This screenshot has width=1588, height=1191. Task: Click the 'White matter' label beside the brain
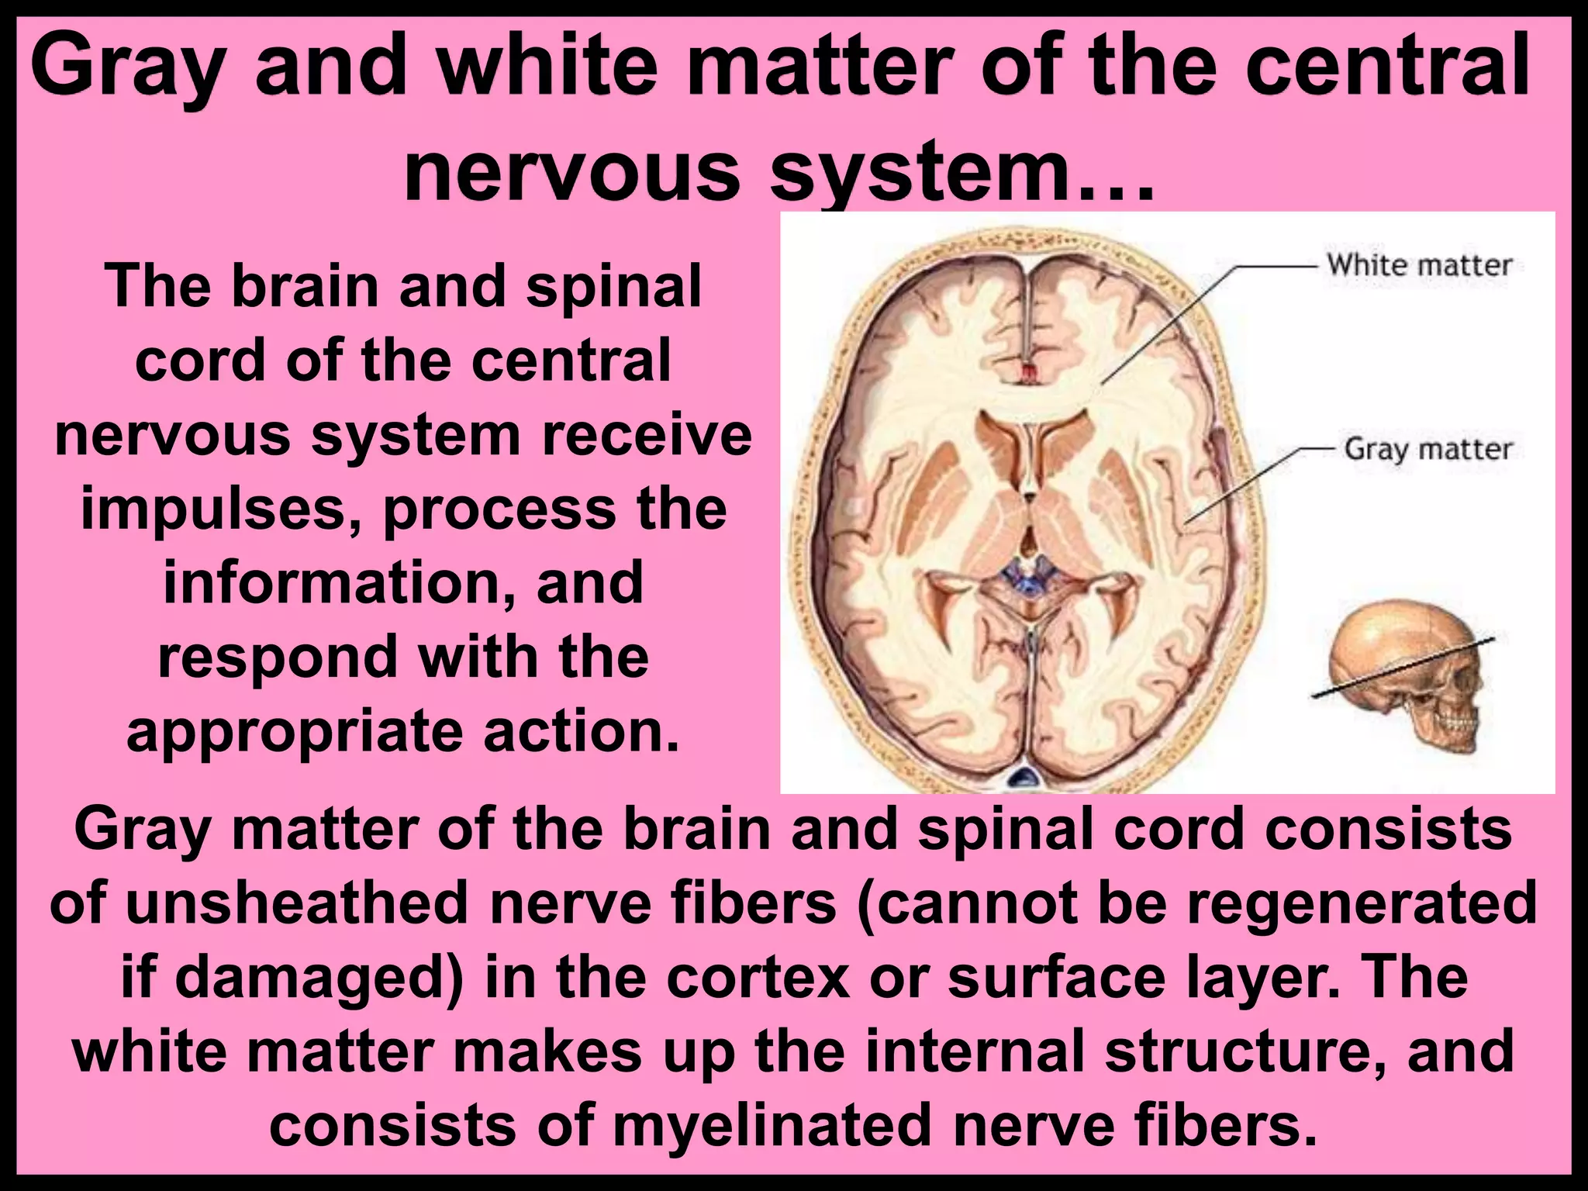tap(1419, 265)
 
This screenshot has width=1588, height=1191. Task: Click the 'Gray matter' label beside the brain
tap(1428, 449)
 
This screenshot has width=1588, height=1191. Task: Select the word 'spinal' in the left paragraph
tap(614, 287)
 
